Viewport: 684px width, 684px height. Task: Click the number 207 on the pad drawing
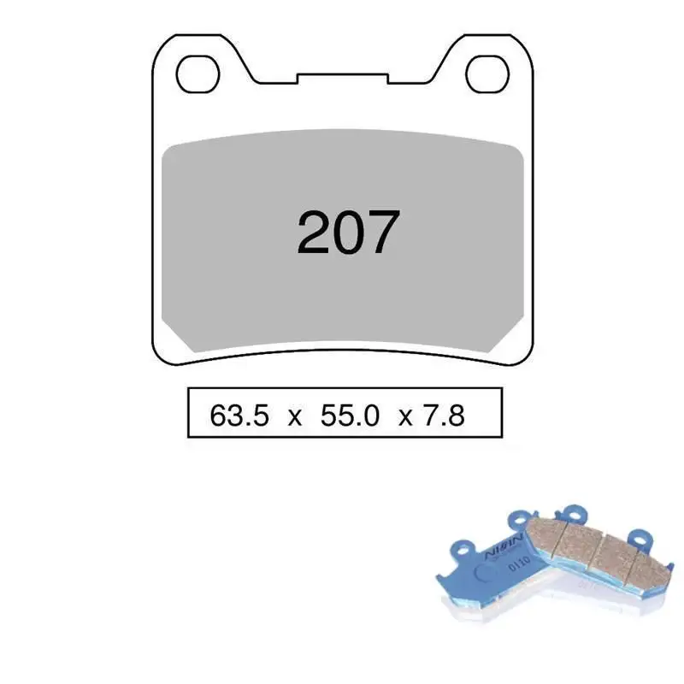pos(347,233)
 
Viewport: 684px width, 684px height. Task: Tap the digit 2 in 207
pos(314,233)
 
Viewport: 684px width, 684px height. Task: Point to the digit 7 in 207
pos(381,233)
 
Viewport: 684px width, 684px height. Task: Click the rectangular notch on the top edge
pos(342,79)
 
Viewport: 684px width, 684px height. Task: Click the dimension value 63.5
pos(239,416)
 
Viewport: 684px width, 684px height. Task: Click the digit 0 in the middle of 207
pos(347,233)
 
